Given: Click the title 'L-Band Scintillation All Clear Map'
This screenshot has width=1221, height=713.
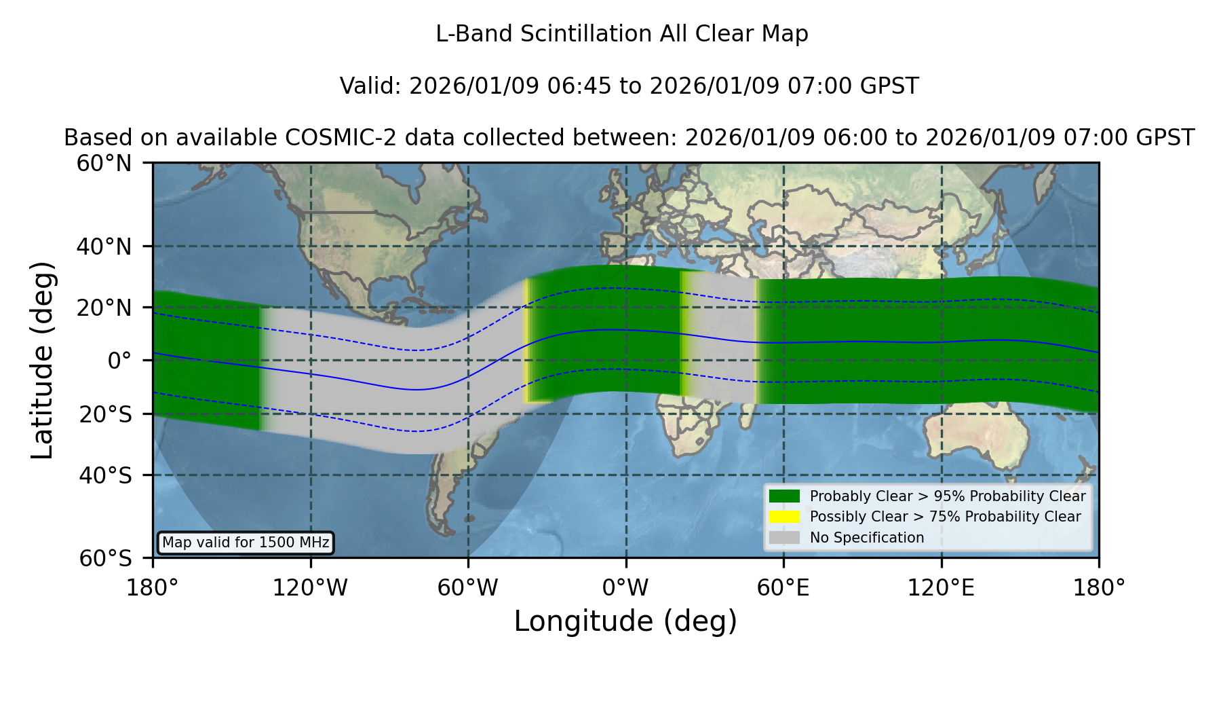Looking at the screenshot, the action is [x=621, y=34].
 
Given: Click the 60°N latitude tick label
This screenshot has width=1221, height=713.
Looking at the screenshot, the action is [x=104, y=164].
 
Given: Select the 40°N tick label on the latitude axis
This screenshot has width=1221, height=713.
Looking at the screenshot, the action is [x=104, y=246].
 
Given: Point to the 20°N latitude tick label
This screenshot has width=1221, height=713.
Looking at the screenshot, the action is [x=104, y=308].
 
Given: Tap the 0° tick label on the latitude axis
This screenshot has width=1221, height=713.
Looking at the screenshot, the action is [x=119, y=361].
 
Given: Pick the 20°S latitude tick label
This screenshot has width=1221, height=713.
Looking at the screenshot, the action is [x=105, y=414].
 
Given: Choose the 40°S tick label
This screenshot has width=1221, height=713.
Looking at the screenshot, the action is [x=105, y=475].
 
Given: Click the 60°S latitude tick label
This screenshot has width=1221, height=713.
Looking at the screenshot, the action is [x=105, y=558].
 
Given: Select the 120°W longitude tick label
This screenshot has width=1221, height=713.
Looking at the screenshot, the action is [x=310, y=587].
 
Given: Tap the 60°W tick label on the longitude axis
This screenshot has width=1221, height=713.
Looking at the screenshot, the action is [x=468, y=587].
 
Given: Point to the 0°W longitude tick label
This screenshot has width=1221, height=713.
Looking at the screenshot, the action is [x=625, y=587].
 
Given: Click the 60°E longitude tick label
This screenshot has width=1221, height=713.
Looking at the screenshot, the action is [x=783, y=587].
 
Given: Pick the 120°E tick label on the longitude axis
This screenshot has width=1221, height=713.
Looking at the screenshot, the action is [x=942, y=587].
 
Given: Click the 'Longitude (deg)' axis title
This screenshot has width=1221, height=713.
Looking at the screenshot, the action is [x=625, y=621].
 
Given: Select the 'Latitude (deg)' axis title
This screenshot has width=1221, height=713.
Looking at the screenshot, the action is [x=42, y=360].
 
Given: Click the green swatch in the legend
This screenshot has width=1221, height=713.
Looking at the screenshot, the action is [x=785, y=496].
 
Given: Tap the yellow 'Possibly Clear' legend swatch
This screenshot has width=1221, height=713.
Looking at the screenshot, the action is [x=785, y=517].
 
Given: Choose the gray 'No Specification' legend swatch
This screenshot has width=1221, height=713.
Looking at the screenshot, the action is [x=785, y=538].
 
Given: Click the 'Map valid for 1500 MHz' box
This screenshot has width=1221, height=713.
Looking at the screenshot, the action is [x=246, y=543].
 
